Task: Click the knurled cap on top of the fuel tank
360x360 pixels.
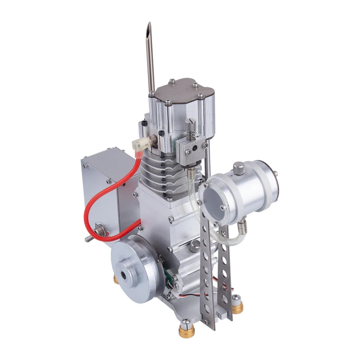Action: coord(238,169)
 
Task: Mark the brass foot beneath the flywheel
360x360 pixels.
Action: coord(116,279)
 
